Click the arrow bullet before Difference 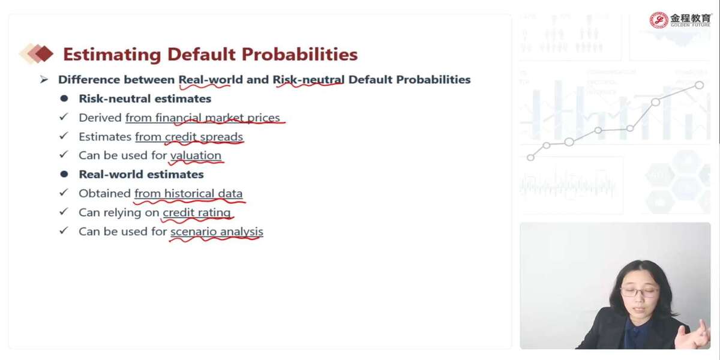44,79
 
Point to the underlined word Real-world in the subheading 211,79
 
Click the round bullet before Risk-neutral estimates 64,98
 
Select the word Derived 100,118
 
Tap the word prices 263,118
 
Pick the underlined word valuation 196,155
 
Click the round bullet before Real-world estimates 64,174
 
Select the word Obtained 104,193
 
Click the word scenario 193,232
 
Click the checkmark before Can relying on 64,211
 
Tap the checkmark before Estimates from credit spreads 64,136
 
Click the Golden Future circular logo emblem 659,20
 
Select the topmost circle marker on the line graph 699,85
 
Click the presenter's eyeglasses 638,292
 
